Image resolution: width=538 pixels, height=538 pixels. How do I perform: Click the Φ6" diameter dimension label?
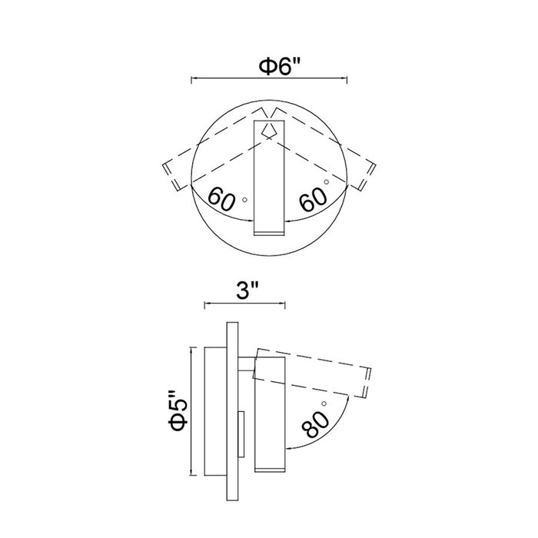279,66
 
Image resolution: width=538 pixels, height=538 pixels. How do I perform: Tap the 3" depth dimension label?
247,291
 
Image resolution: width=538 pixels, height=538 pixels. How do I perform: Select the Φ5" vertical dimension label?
178,410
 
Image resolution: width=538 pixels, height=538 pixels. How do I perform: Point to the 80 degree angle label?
315,424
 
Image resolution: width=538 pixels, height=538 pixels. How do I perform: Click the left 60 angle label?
221,198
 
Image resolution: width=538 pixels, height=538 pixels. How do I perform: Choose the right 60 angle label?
313,200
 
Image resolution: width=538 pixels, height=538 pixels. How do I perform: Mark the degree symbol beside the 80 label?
324,403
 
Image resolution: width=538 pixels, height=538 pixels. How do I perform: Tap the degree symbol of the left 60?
244,199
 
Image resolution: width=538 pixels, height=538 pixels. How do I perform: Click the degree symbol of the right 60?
327,182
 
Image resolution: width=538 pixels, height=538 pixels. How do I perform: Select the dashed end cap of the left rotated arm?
171,176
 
